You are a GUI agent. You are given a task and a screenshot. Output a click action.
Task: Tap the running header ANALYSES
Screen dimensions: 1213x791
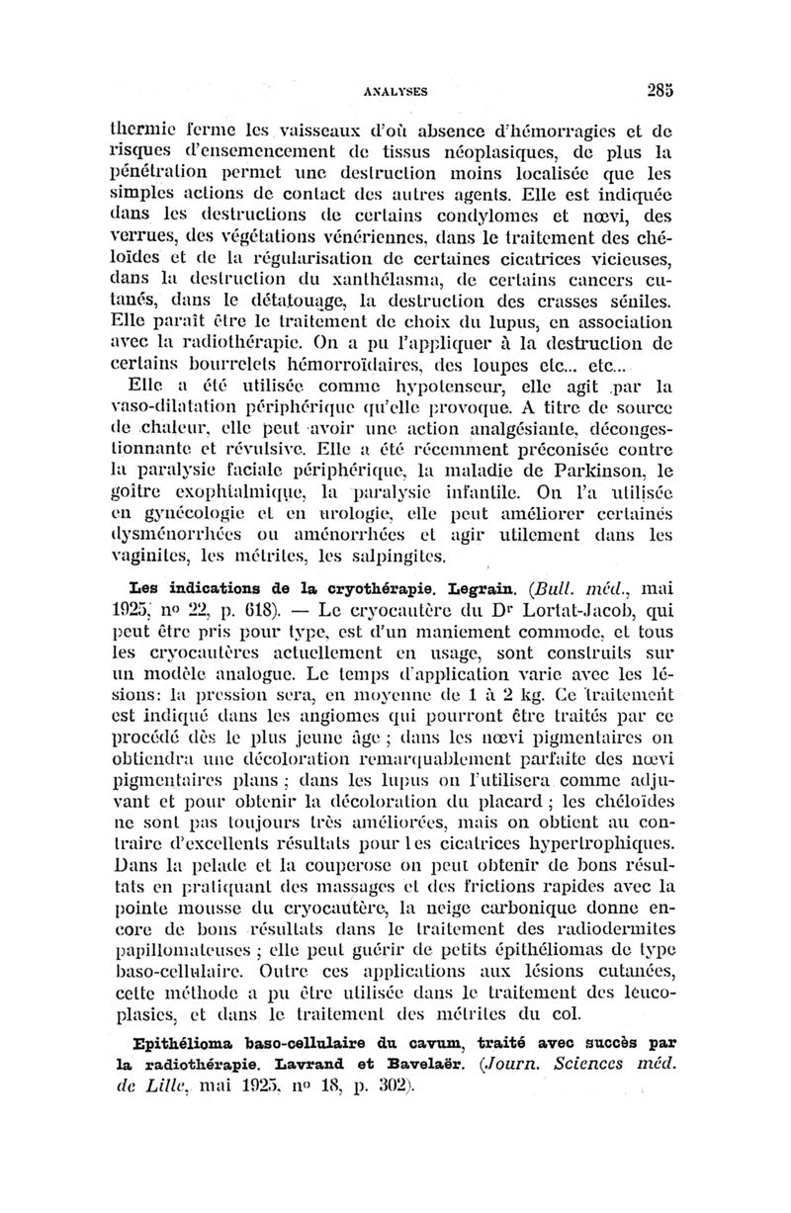(392, 89)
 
